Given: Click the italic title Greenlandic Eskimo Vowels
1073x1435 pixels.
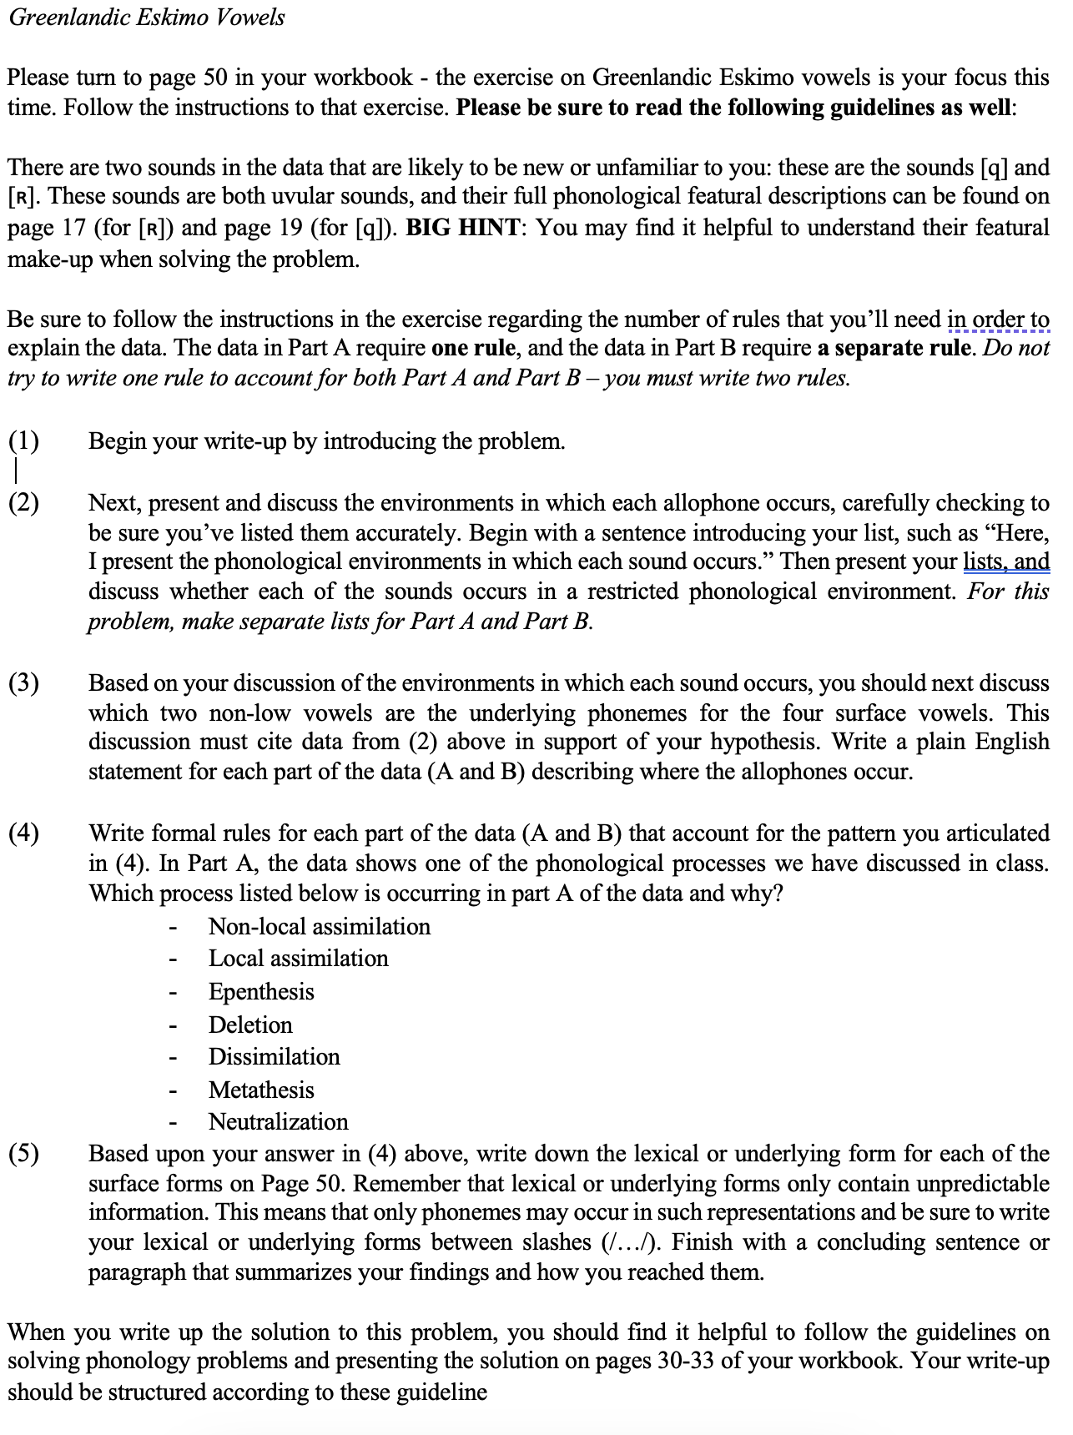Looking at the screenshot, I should coord(147,17).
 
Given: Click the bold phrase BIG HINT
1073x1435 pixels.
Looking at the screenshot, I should coord(463,228).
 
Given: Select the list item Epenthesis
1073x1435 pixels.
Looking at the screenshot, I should coord(261,991).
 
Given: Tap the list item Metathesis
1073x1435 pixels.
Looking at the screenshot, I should coord(261,1090).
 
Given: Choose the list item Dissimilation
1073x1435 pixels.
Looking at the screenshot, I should coord(274,1056).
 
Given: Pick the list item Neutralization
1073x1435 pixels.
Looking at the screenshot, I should coord(278,1121).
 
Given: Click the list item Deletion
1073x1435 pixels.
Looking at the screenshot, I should coord(250,1025).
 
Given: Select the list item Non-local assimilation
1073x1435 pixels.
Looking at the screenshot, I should coord(319,926).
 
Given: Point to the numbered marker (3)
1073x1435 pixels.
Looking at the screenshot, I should coord(23,683).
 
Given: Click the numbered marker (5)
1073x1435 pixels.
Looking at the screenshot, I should coord(23,1154).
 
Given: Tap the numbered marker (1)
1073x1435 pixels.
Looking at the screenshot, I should coord(23,441).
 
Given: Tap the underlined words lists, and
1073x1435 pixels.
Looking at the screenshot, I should coord(1006,561).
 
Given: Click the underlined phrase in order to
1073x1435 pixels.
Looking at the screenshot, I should coord(998,320).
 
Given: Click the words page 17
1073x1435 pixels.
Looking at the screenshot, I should coord(51,228).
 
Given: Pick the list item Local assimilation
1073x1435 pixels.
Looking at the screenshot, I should coord(298,958).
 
